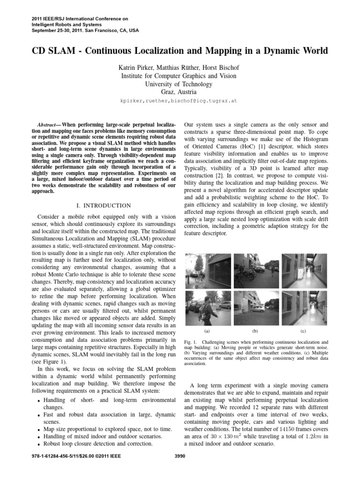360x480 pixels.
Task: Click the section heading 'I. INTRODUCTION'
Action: [x=103, y=205]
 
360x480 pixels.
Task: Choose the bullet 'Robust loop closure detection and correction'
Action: [x=97, y=443]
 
